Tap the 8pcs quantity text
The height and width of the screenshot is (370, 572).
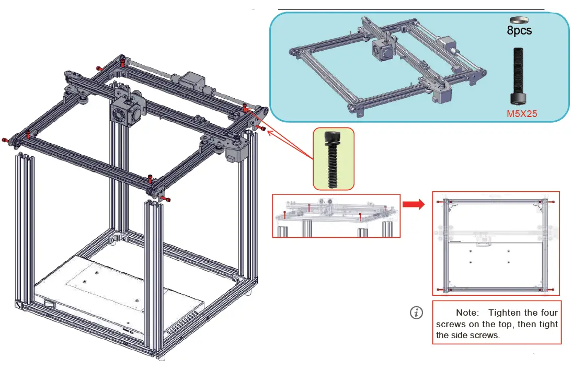(519, 31)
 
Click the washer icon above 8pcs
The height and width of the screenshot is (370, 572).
(519, 20)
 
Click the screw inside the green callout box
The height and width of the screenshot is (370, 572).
(333, 159)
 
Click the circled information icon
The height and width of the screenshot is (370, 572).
(416, 313)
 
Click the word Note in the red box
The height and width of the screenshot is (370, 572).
(467, 313)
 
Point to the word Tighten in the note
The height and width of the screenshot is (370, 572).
(506, 313)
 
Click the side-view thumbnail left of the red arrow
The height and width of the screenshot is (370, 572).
(336, 216)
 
